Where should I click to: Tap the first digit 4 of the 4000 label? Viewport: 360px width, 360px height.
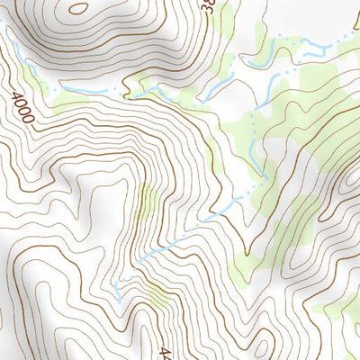point(17,96)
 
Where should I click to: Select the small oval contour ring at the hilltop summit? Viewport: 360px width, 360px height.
point(78,9)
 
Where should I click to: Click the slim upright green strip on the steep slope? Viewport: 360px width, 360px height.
point(149,202)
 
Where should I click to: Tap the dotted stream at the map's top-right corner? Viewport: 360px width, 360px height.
point(346,36)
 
